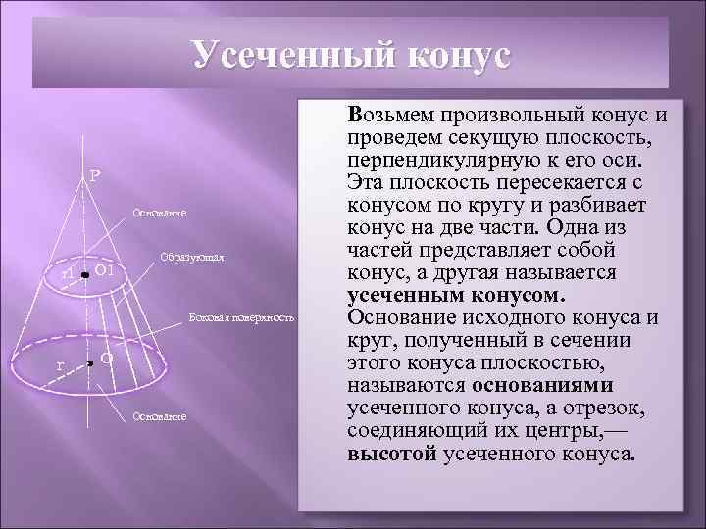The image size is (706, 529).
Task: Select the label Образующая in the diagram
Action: [191, 259]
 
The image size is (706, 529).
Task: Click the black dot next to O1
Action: [86, 277]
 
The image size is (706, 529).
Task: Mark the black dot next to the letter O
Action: [89, 363]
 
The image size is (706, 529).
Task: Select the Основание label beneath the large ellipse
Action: [160, 416]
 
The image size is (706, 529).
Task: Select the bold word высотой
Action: [392, 454]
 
